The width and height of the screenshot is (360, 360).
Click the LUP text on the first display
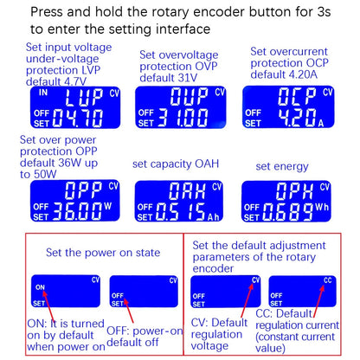(84, 97)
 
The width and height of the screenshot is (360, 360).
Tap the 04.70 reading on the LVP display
(78, 119)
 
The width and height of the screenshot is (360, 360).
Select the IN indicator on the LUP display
(43, 93)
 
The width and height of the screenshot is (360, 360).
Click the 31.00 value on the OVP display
(183, 118)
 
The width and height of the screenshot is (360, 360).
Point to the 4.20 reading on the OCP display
(296, 118)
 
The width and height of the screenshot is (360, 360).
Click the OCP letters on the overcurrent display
(297, 96)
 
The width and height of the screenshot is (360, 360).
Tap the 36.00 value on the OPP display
(78, 211)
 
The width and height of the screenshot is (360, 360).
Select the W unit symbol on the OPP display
(107, 206)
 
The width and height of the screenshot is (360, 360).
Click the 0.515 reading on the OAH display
(181, 212)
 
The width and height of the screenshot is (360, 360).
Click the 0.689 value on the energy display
(288, 212)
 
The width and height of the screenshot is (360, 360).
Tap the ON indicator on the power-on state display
(40, 287)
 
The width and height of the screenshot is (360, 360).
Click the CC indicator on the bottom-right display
(328, 280)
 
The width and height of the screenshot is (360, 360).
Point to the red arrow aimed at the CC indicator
(318, 301)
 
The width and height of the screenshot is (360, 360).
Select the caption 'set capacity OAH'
(176, 164)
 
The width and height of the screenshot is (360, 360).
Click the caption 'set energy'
(282, 167)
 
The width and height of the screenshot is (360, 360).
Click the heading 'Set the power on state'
(103, 253)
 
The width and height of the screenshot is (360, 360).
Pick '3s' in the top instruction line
(324, 12)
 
